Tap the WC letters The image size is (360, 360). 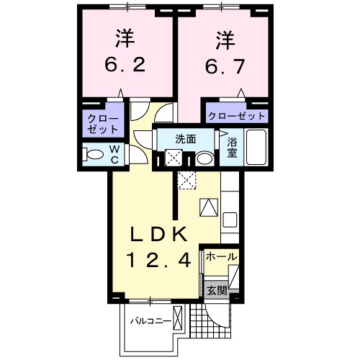(113, 154)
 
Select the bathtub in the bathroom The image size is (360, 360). (256, 148)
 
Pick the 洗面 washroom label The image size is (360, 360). (186, 138)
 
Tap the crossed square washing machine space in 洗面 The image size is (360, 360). (173, 158)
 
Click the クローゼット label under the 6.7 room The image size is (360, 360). (236, 115)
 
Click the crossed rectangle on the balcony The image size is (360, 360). (178, 318)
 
